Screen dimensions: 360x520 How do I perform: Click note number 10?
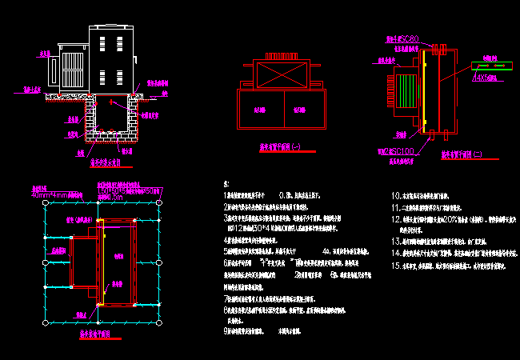395,194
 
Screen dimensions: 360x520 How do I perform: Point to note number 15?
395,265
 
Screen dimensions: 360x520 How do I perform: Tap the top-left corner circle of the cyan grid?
45,204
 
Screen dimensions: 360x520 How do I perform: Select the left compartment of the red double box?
259,110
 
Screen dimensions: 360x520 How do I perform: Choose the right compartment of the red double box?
300,110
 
